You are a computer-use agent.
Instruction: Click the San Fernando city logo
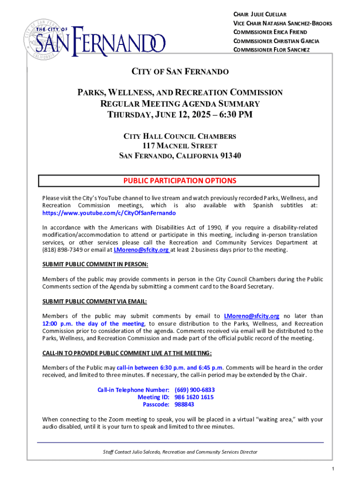click(94, 37)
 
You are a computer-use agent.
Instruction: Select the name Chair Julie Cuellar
click(266, 14)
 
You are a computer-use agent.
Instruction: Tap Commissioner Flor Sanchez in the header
click(271, 50)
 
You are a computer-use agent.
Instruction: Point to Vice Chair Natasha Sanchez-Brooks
click(282, 23)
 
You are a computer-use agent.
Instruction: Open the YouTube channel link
click(109, 213)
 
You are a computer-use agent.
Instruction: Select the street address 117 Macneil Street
click(180, 146)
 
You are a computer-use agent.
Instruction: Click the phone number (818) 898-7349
click(60, 250)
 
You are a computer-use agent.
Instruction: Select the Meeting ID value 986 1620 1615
click(194, 397)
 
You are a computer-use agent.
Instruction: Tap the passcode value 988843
click(185, 404)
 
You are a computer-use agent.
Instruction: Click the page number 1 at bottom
click(331, 469)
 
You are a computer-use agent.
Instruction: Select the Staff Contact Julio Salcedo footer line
click(180, 452)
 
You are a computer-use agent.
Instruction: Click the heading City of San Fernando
click(180, 72)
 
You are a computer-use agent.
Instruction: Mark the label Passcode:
click(156, 404)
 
